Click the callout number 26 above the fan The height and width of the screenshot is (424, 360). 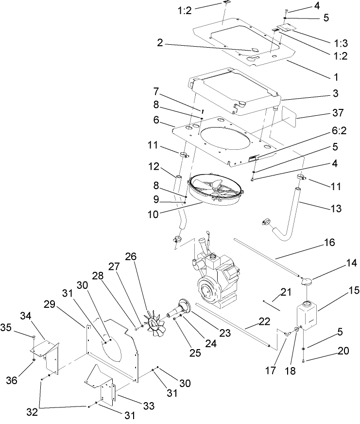[131, 257]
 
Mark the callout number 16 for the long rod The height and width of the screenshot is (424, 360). [329, 242]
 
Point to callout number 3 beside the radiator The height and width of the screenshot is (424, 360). [335, 92]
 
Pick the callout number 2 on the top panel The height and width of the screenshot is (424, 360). [160, 42]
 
